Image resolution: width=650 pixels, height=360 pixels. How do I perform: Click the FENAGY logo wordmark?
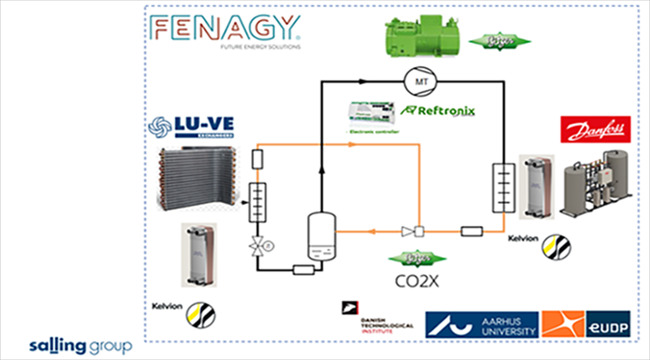[224, 28]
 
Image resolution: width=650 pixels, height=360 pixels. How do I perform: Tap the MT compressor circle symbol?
[421, 81]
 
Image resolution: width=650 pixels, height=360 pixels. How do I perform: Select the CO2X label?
[417, 281]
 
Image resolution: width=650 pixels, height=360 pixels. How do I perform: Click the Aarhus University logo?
[482, 324]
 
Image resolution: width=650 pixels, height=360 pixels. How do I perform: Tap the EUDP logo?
[608, 324]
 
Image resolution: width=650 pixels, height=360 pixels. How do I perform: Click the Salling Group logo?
[81, 345]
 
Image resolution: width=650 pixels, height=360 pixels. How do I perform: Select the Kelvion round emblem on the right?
[556, 246]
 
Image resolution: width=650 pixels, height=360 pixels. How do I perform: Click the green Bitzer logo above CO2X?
[417, 259]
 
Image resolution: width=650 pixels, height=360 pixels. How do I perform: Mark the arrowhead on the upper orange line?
[352, 144]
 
